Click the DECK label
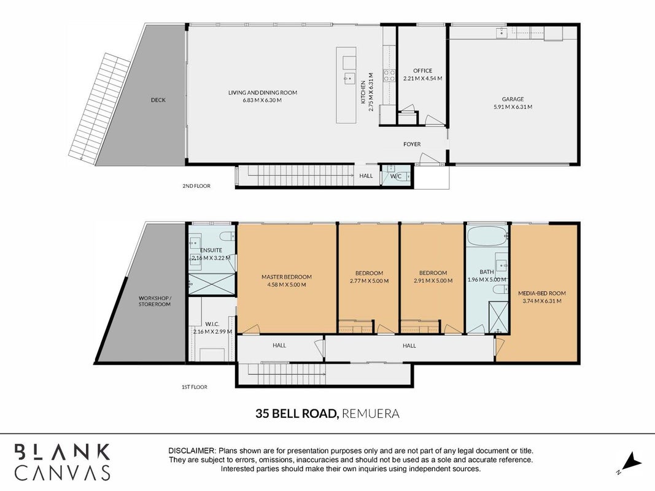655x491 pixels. click(x=158, y=100)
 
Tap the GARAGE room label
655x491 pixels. click(x=513, y=99)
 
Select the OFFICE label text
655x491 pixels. click(x=423, y=71)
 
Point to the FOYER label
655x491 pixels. click(x=412, y=144)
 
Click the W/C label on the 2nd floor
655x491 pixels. click(x=396, y=176)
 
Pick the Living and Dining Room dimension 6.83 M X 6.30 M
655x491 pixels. click(x=262, y=100)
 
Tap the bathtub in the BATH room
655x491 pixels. click(x=487, y=237)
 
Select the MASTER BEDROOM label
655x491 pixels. click(x=287, y=277)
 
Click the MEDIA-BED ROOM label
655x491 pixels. click(x=542, y=293)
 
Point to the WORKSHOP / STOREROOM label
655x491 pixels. click(x=155, y=301)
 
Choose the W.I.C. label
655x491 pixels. click(x=212, y=324)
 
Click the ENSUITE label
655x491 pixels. click(x=211, y=250)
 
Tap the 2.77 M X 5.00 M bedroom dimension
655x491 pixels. click(x=370, y=281)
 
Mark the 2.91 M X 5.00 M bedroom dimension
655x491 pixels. click(x=433, y=281)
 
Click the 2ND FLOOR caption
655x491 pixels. click(x=196, y=186)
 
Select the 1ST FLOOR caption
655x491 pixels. click(x=194, y=387)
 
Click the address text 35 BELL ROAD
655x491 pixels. click(x=296, y=414)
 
